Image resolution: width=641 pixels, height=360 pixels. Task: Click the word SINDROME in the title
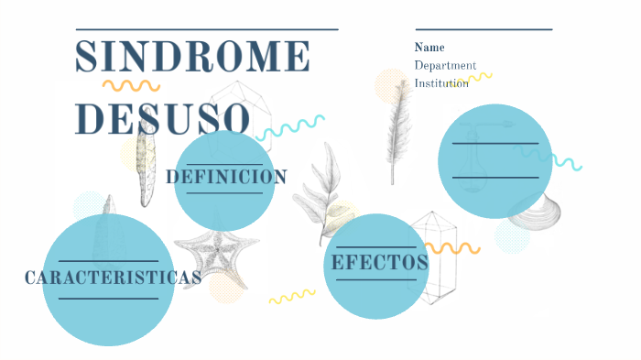coord(192,57)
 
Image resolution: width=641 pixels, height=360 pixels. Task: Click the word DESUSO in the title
coord(162,118)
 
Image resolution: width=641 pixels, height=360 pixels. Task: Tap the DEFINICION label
coord(226,177)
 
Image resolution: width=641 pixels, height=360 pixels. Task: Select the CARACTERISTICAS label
coord(113,277)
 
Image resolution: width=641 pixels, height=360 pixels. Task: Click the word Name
coord(429,48)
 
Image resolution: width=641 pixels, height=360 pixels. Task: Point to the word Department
coord(445,65)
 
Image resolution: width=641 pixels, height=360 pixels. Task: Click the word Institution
coord(441,83)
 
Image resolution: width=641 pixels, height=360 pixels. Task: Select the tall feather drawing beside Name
coord(397,128)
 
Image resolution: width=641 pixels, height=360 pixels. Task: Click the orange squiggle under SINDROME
coord(130,86)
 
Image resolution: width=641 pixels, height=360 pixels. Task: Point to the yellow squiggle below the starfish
coord(291,297)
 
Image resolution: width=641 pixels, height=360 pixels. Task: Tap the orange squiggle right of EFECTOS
coord(453,248)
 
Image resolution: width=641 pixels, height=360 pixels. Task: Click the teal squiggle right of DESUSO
coord(291,127)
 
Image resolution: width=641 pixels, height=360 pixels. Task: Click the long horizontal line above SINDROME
coord(207,29)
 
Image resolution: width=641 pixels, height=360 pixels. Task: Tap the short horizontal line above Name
coord(483,29)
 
